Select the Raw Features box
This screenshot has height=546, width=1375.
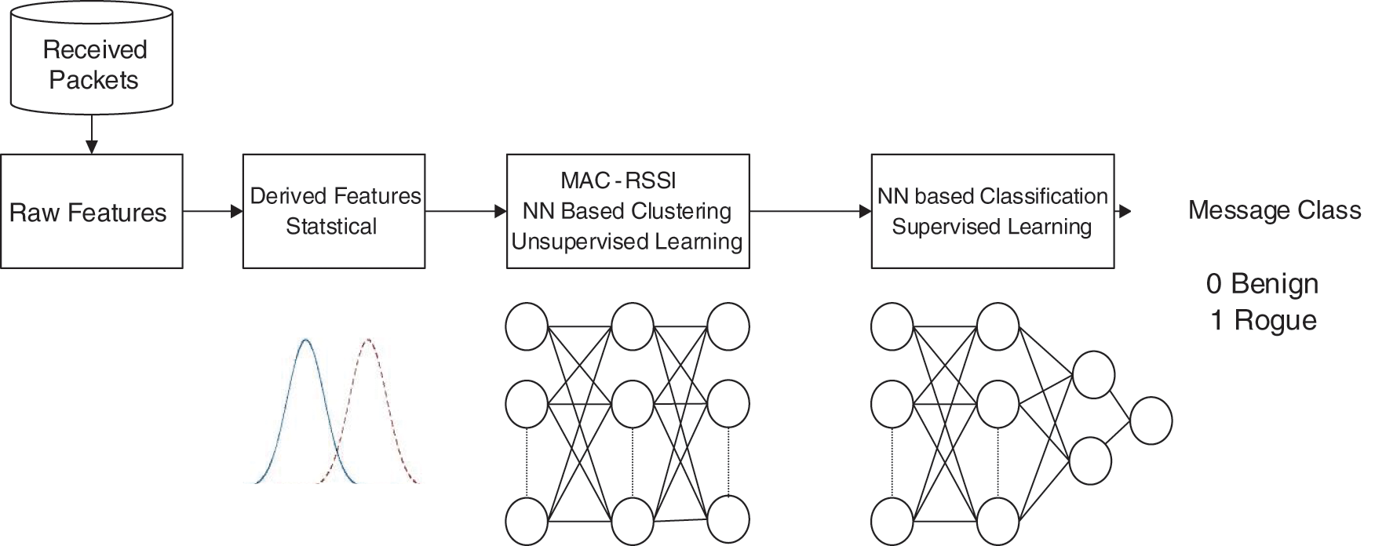91,212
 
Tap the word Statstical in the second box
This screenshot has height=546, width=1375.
331,227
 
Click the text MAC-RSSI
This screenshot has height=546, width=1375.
618,180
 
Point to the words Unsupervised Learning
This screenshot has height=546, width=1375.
627,242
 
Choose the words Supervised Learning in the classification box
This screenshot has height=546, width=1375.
992,227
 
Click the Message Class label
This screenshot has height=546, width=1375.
1275,210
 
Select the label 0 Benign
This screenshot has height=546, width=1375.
1262,283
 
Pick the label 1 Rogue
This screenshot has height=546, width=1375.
1263,320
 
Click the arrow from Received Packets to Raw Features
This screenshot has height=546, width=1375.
92,134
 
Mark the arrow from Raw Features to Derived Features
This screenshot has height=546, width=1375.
213,211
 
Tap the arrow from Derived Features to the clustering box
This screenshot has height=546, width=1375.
465,211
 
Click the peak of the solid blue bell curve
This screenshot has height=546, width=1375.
305,340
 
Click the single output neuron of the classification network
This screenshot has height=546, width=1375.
1151,421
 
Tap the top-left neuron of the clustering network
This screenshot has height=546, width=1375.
527,326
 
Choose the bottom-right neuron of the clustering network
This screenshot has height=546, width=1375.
728,519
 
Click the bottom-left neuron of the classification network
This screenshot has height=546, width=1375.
892,519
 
